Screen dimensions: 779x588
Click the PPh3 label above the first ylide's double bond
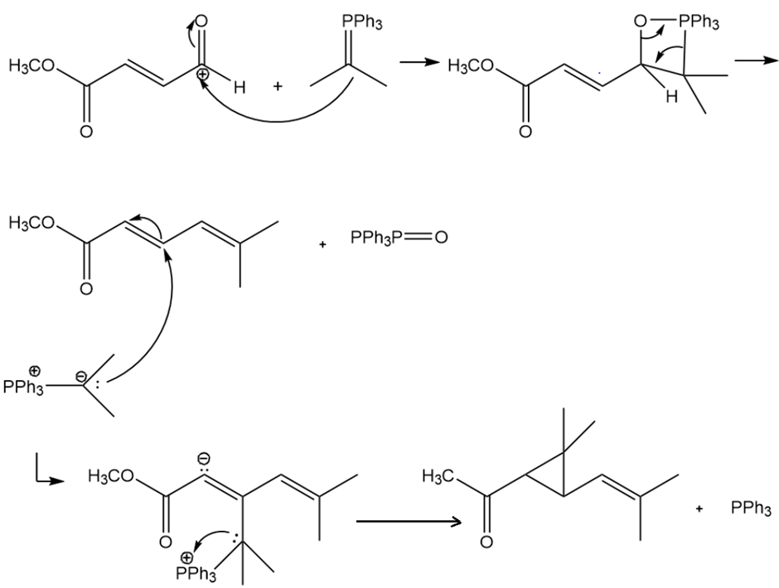[x=361, y=22]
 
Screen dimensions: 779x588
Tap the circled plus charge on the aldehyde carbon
[x=203, y=75]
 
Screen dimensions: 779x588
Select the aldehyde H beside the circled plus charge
[x=240, y=88]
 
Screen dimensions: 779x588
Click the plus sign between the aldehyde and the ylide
[x=278, y=86]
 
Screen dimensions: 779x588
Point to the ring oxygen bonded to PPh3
[x=641, y=21]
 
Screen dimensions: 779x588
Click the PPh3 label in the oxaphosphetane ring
[x=699, y=22]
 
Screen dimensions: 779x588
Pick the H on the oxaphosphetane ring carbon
[x=672, y=96]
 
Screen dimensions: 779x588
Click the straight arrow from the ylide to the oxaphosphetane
[x=420, y=62]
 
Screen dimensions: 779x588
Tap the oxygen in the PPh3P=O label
[x=441, y=238]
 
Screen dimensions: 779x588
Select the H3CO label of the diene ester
[x=31, y=223]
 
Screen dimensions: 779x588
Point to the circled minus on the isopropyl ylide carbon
[x=80, y=377]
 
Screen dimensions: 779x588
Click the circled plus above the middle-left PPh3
[x=34, y=371]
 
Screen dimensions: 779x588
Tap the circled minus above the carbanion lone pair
[x=204, y=458]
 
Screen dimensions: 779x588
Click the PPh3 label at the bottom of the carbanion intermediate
[x=196, y=574]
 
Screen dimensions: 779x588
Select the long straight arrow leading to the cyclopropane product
[x=409, y=522]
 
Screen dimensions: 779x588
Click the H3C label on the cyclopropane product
[x=438, y=475]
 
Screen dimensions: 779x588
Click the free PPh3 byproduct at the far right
[x=751, y=508]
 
